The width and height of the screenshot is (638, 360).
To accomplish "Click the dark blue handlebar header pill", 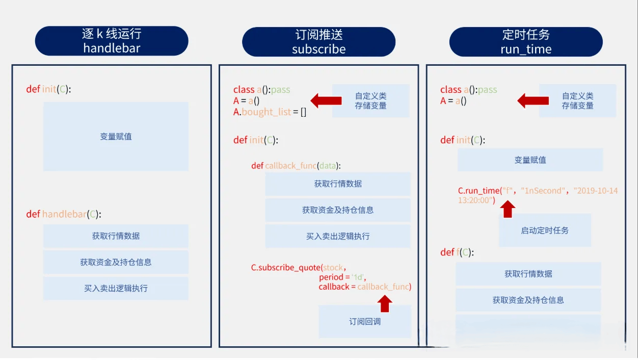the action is [x=112, y=41].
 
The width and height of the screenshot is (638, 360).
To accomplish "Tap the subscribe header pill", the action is [x=318, y=42].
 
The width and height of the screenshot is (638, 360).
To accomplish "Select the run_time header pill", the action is [x=526, y=42].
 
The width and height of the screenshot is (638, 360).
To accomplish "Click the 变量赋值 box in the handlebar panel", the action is [x=116, y=137].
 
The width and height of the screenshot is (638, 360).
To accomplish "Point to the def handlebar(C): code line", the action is [x=64, y=214].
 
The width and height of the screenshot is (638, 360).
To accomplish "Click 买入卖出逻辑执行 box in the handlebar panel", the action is [x=116, y=288].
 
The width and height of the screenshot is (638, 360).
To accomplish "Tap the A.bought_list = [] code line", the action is [x=270, y=112].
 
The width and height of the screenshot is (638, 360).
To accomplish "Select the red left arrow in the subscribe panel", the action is [x=326, y=100].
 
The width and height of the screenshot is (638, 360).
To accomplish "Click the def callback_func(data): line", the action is [x=296, y=166].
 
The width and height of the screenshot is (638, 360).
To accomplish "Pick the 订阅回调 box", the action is [x=365, y=322].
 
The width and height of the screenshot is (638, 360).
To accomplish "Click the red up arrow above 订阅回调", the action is [x=385, y=303].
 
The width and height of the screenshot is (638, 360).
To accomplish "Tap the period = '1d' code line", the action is [x=342, y=277].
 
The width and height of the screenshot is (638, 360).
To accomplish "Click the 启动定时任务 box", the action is [x=545, y=230].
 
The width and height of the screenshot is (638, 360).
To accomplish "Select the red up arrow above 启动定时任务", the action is [x=508, y=209].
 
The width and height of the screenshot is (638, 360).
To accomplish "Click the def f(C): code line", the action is [x=457, y=252].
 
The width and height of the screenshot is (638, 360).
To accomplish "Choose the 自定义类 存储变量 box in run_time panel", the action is [x=578, y=100].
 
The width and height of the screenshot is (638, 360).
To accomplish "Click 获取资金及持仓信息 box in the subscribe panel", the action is [x=338, y=210].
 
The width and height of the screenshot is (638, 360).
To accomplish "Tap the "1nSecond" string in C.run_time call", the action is [x=543, y=190].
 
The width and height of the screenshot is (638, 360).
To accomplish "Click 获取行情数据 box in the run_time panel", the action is [x=528, y=274].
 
